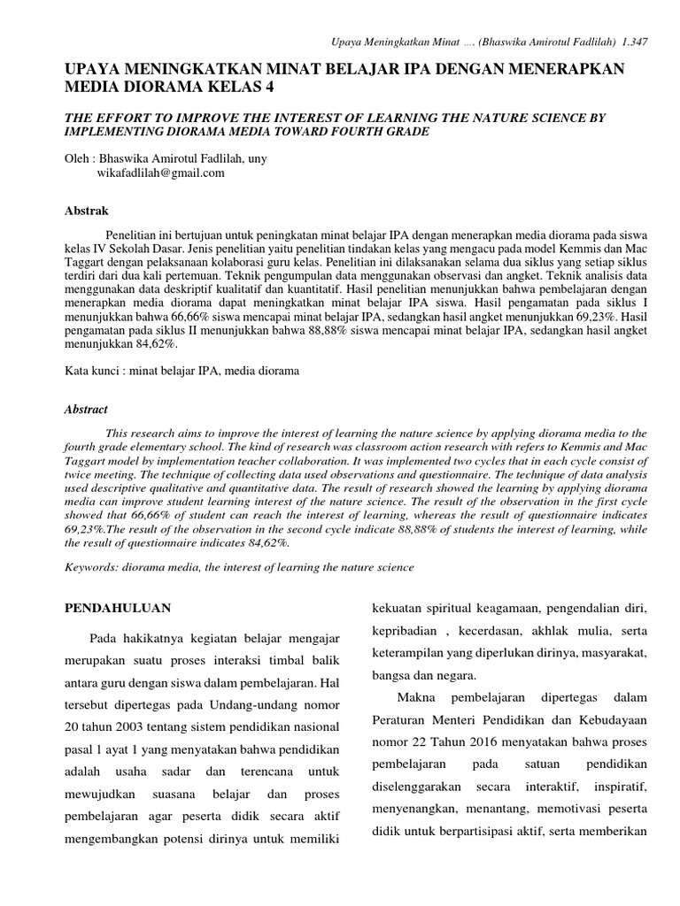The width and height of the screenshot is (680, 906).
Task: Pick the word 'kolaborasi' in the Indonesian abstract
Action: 290,264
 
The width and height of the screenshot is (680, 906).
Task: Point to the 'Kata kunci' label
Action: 92,372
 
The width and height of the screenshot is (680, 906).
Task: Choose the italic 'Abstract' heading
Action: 87,410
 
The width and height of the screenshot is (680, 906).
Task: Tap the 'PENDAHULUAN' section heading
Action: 120,608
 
